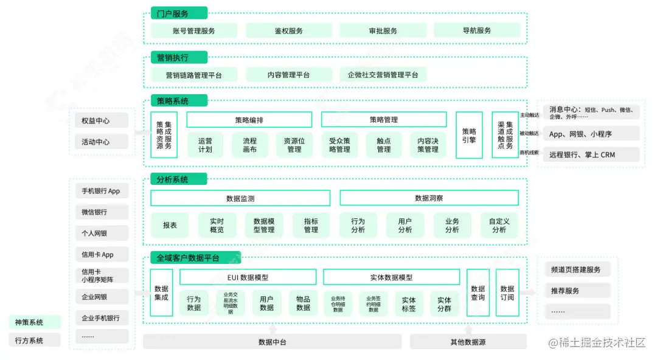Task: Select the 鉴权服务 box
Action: [x=288, y=30]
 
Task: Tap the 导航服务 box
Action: [x=476, y=30]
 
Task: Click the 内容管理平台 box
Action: [x=288, y=75]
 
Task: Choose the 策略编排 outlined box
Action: [x=249, y=120]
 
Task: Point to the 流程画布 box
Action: [x=250, y=145]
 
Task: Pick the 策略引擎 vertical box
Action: [x=469, y=135]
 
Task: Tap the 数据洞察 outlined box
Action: [x=429, y=198]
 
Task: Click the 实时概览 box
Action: [x=217, y=226]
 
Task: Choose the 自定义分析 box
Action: [x=499, y=226]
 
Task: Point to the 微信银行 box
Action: [x=99, y=212]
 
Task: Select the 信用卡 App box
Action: [x=99, y=255]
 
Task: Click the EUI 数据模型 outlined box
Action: [x=248, y=277]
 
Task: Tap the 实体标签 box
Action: [x=409, y=304]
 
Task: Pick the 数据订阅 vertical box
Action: [x=507, y=293]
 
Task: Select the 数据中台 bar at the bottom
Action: [x=272, y=342]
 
